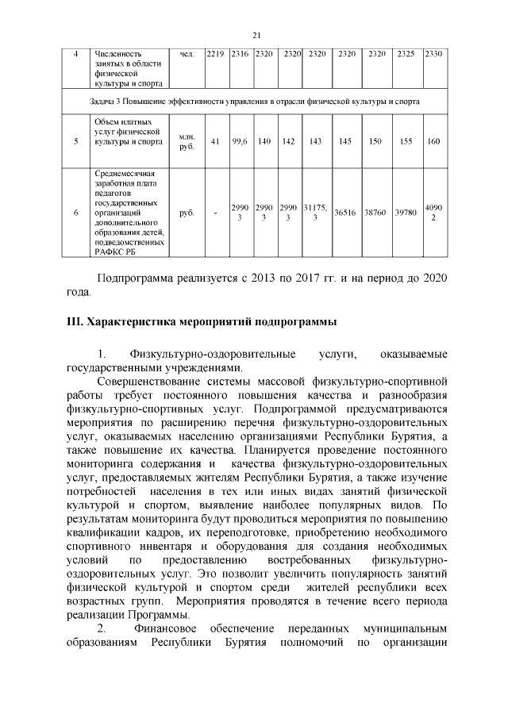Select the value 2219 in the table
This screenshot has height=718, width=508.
click(x=215, y=53)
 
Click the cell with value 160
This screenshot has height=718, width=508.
click(x=433, y=141)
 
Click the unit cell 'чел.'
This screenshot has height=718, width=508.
click(x=187, y=53)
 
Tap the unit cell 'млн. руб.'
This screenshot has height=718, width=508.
click(x=187, y=141)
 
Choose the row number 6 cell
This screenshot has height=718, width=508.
click(x=75, y=213)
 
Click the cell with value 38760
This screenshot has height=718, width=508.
click(x=375, y=213)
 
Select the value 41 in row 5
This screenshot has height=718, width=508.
click(x=215, y=141)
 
